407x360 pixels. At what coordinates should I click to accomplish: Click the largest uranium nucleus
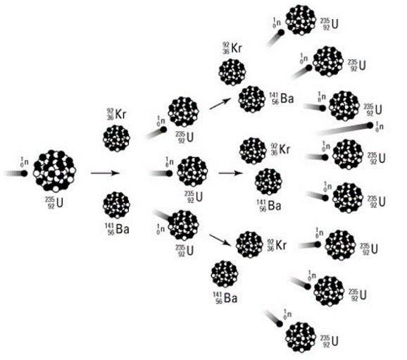54,170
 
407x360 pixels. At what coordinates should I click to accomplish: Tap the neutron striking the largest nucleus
24,173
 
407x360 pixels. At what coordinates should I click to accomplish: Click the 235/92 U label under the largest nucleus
54,203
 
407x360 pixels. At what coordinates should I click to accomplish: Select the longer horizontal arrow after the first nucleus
105,173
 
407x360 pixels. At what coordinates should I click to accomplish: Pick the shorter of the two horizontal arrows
231,173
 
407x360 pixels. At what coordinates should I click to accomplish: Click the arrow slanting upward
220,104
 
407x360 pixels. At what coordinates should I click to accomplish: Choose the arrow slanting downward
220,240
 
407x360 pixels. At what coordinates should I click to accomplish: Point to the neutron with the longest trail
370,125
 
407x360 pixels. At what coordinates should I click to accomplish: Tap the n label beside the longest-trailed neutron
380,127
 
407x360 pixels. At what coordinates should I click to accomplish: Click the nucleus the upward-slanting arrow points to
252,99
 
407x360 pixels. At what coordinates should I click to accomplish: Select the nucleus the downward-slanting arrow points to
249,244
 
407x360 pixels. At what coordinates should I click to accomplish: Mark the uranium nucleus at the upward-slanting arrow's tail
184,112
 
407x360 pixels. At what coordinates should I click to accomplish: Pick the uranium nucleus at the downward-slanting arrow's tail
184,225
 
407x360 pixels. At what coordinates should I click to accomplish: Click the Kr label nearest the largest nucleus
117,115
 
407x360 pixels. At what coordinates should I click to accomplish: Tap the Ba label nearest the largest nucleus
118,230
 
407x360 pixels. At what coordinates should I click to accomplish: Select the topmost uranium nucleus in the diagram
301,20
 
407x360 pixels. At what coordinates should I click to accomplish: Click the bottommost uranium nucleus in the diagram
301,337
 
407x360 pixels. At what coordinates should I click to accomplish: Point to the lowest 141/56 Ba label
225,298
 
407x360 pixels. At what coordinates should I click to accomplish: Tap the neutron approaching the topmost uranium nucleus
281,32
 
